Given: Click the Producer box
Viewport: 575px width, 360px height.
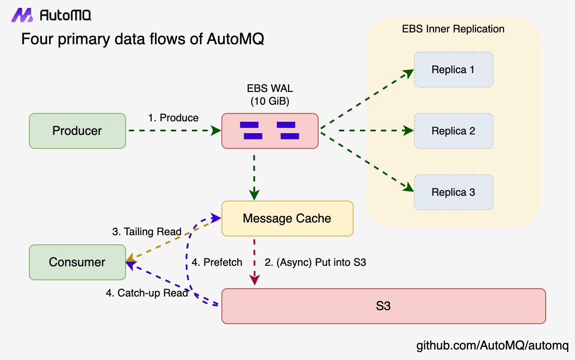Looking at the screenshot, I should tap(77, 131).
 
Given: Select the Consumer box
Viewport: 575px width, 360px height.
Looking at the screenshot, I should tap(77, 262).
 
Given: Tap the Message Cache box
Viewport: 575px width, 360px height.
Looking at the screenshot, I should tap(287, 219).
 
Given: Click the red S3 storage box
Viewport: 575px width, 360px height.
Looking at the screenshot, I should tap(383, 306).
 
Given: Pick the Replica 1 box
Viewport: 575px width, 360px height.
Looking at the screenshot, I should tap(453, 70).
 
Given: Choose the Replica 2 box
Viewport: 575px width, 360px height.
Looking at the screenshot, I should tap(453, 131).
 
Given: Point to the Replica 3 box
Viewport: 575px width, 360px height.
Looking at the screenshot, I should tap(453, 192).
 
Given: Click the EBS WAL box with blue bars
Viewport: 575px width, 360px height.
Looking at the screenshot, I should tap(270, 131).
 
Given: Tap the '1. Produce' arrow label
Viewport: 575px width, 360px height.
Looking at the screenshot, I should tap(173, 118).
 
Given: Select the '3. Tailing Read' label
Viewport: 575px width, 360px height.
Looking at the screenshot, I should tap(147, 232).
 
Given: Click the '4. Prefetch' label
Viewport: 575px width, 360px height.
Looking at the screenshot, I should tap(217, 262).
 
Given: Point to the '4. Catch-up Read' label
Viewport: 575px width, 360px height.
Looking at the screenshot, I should tap(147, 293).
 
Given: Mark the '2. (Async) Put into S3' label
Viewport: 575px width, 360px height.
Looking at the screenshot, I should tap(315, 262).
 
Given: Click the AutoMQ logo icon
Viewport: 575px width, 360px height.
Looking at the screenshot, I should tap(22, 15).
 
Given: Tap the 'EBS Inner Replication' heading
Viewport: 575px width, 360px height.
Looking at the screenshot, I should tap(453, 29).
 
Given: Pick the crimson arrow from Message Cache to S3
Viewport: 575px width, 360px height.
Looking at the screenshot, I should tap(254, 262).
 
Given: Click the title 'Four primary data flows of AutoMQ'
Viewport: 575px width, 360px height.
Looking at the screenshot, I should tap(143, 39).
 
